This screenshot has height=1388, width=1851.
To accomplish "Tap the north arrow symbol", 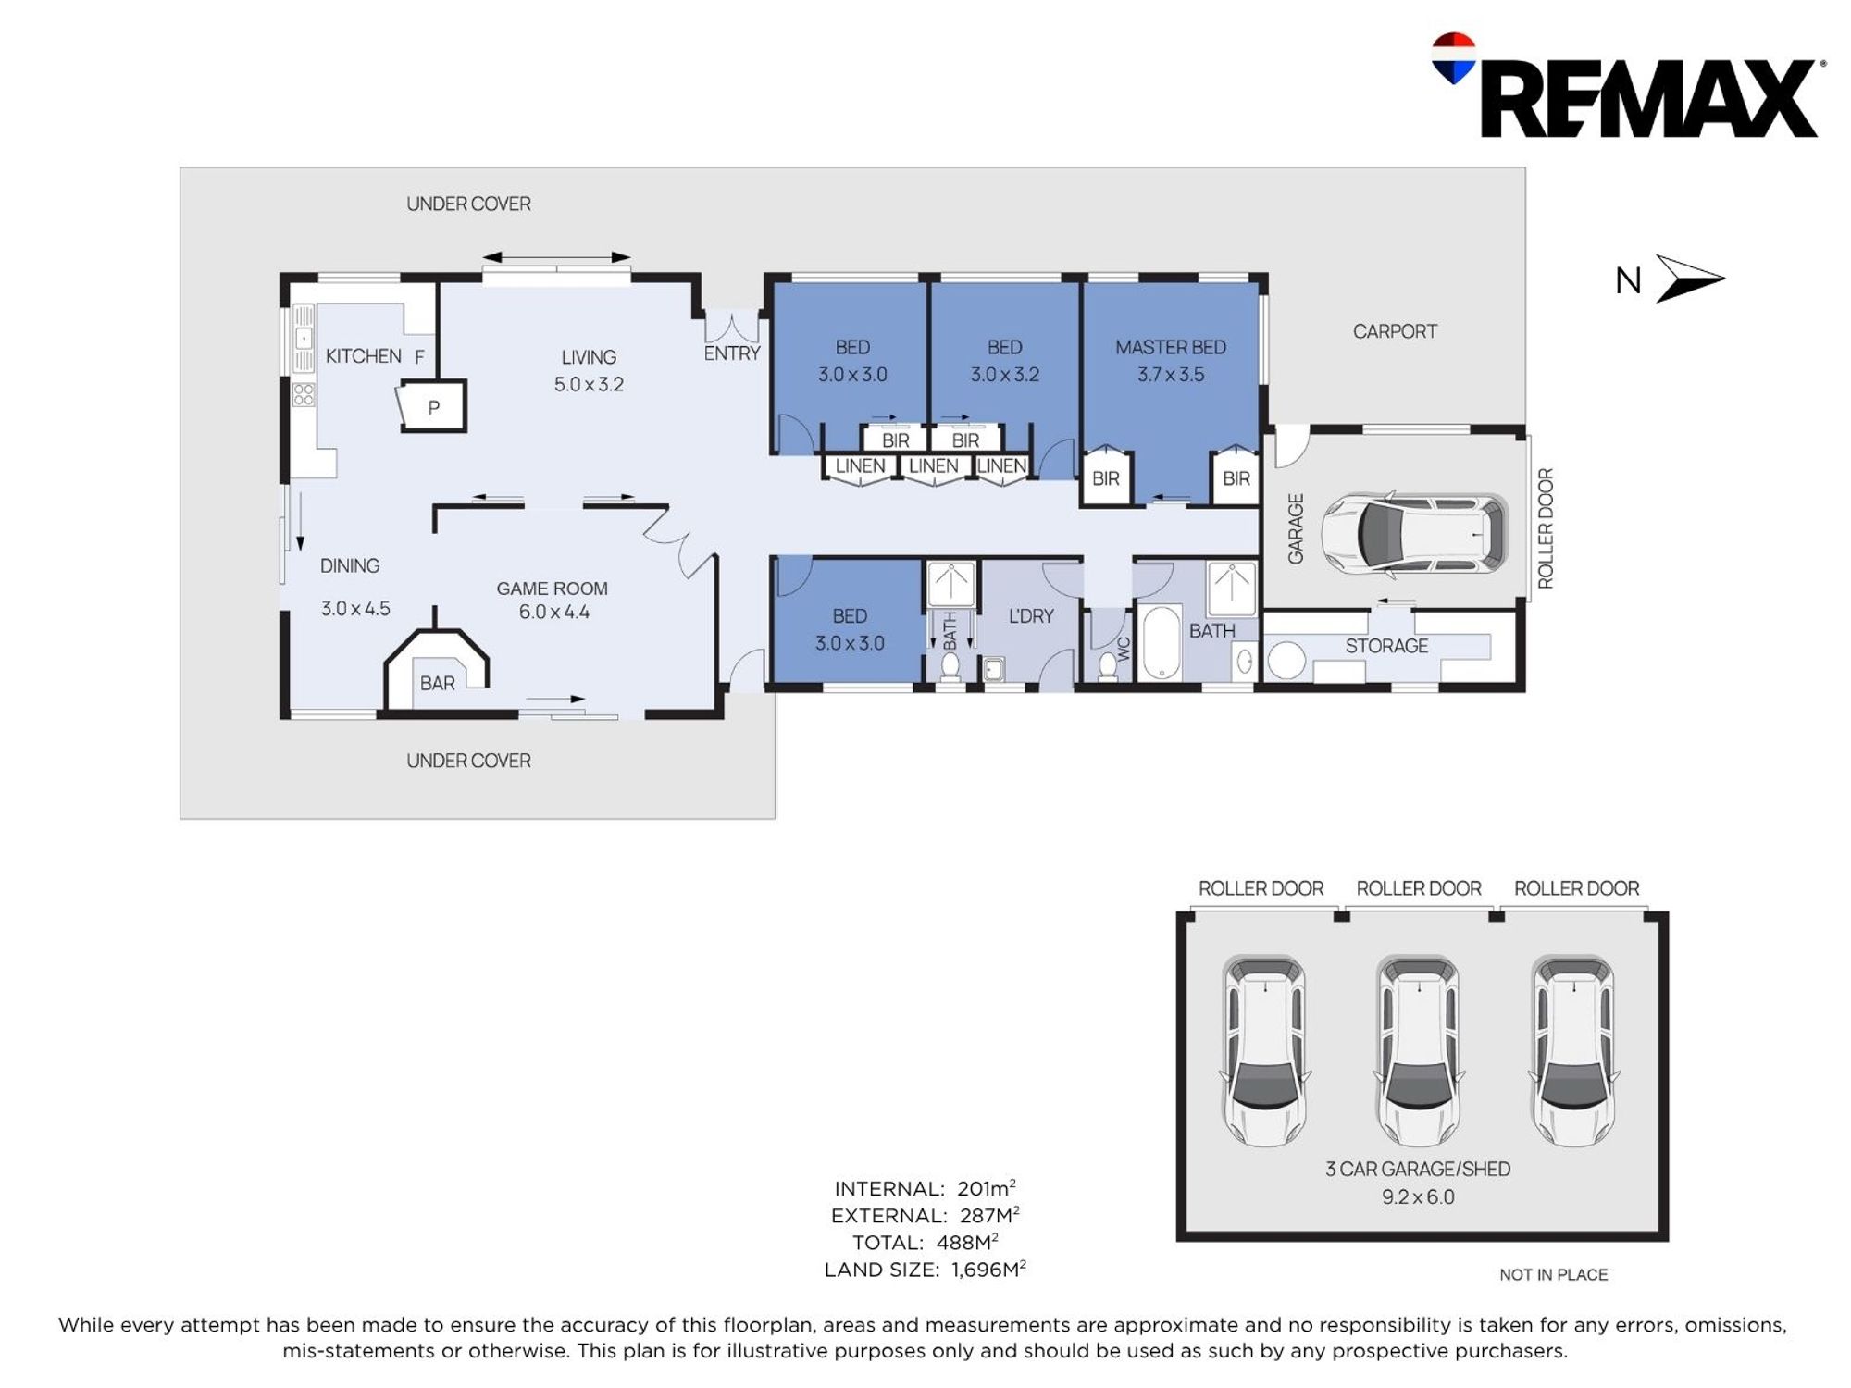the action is [1690, 279].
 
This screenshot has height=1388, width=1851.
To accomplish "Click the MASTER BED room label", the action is [1171, 347].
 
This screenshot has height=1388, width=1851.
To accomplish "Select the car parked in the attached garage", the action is [1413, 534].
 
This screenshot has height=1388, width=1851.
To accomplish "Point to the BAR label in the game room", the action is [438, 683].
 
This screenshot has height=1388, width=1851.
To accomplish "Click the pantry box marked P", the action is [432, 406].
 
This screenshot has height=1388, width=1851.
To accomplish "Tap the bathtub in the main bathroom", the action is [1161, 641].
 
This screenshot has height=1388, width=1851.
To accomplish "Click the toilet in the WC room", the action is [1107, 664].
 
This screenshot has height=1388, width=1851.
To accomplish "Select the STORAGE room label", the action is [1386, 646].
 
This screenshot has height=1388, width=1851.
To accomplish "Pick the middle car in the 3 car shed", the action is [1418, 1051].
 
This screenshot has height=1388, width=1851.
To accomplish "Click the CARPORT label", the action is [1395, 331].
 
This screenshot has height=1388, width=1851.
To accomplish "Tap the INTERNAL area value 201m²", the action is [987, 1187].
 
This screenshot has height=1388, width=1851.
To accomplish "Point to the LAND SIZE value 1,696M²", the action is [988, 1269].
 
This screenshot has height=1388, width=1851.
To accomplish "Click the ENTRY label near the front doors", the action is [732, 353].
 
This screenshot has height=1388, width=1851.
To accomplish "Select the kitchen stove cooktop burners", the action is [304, 395].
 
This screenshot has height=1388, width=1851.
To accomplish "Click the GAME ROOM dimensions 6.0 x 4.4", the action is [553, 612].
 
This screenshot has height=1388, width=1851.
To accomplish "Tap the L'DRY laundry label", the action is [1031, 616].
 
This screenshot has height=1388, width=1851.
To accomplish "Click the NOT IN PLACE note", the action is [1553, 1274].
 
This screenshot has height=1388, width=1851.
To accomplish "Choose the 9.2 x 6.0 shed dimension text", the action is [1418, 1196].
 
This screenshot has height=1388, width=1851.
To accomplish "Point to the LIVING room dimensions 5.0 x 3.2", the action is [589, 384].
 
